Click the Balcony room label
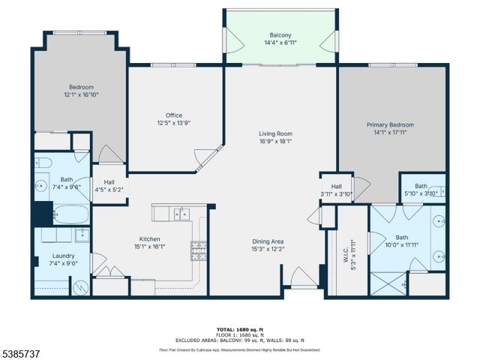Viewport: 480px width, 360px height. pyautogui.click(x=281, y=35)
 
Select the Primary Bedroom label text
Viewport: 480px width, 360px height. pyautogui.click(x=389, y=125)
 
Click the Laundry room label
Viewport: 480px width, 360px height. pyautogui.click(x=42, y=256)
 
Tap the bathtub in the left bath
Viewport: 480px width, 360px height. pyautogui.click(x=61, y=214)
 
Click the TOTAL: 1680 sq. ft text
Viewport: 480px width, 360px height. pyautogui.click(x=239, y=329)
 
